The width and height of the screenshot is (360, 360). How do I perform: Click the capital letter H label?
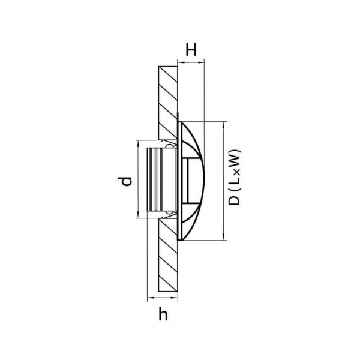191,50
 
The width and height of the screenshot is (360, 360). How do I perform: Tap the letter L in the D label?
234,180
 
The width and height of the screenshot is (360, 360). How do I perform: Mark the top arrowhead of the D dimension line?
223,125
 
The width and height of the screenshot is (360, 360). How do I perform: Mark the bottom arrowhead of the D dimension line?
223,237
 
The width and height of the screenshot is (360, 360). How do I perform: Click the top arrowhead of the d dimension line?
138,143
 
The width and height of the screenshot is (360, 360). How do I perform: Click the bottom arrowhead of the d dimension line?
138,214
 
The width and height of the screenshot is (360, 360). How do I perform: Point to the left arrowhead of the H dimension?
181,62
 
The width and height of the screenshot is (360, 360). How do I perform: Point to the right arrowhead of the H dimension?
200,62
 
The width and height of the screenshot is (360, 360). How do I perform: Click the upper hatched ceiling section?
168,103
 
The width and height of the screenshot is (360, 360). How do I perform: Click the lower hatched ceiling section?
168,255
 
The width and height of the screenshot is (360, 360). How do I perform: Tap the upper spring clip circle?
169,146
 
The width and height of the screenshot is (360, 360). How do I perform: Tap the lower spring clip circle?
169,212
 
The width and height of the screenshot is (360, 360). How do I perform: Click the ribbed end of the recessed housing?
155,179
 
